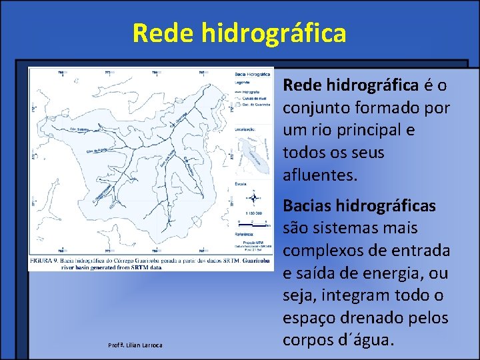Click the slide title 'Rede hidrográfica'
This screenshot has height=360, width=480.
tap(239, 33)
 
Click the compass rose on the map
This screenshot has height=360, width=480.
tap(253, 197)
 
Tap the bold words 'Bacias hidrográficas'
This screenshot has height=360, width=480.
tap(359, 206)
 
